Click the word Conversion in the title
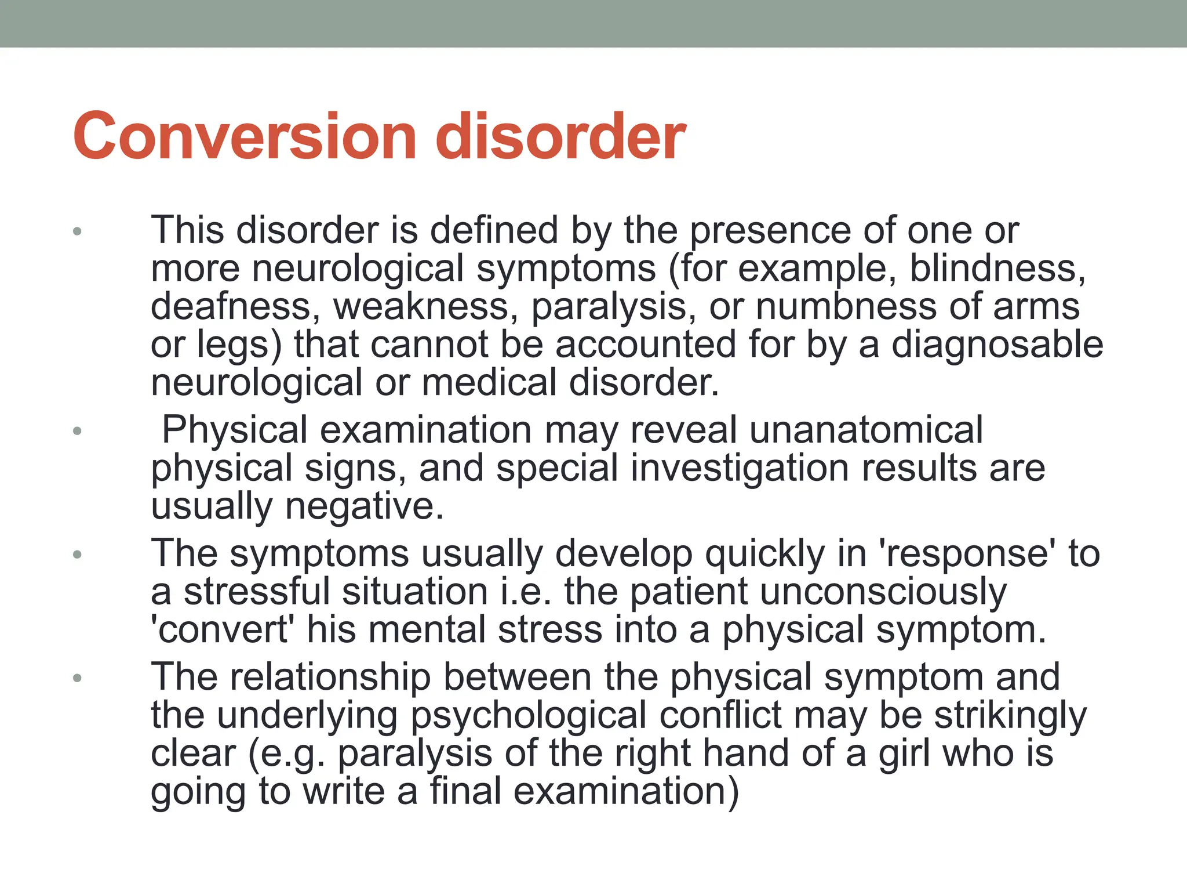(244, 136)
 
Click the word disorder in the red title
(560, 136)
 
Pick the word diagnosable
(997, 345)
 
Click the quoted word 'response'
(967, 553)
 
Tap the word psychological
(528, 715)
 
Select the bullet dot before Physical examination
(77, 431)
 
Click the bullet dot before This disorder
(77, 232)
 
